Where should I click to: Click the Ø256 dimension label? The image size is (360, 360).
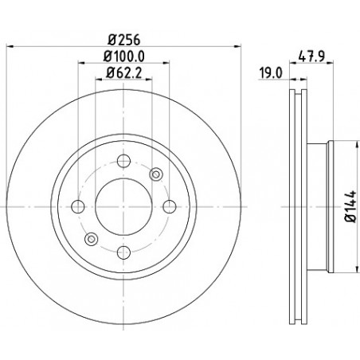point(123,40)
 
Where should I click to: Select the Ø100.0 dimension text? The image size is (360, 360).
point(123,57)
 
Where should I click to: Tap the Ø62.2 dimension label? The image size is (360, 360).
point(123,72)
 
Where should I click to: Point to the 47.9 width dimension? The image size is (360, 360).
point(311,57)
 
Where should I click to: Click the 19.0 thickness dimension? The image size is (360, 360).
point(271,72)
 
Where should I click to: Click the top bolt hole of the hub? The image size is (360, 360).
point(123,161)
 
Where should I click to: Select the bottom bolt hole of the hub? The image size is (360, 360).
point(123,252)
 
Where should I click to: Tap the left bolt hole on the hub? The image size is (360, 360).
point(78,206)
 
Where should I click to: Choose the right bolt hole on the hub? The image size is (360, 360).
point(170,206)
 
